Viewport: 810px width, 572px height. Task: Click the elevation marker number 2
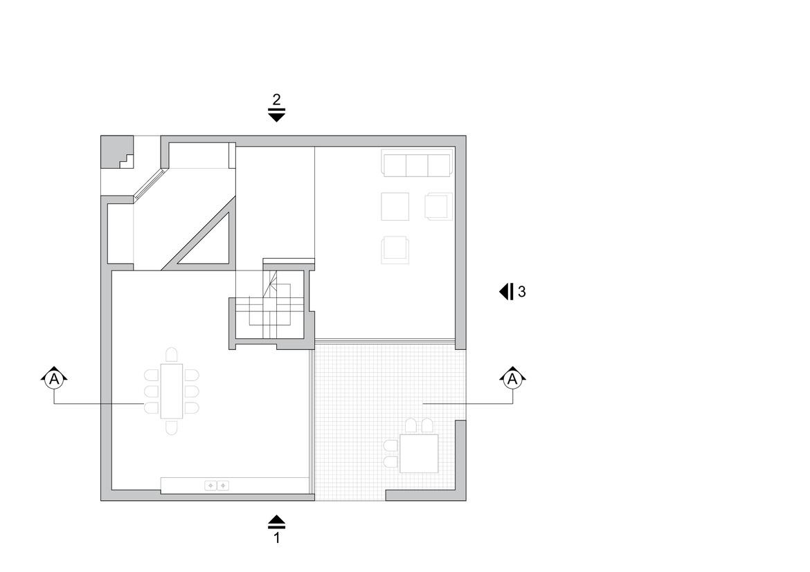click(276, 99)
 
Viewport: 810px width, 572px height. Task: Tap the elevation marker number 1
click(276, 537)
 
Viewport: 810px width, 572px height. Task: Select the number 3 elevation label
click(521, 292)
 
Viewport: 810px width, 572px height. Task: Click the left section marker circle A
click(54, 378)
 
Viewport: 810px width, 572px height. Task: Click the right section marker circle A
click(512, 378)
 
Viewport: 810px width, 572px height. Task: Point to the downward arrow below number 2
click(276, 116)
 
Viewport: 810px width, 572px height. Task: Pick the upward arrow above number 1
click(276, 521)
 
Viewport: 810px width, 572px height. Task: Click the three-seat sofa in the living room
click(417, 165)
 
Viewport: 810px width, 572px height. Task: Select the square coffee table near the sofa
click(395, 206)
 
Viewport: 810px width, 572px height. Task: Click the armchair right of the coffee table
click(438, 206)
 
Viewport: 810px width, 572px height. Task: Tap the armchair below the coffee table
click(395, 250)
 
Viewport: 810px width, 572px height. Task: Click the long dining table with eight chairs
click(172, 391)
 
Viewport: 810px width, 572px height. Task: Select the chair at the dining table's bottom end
click(172, 427)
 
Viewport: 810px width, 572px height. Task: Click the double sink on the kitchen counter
click(217, 486)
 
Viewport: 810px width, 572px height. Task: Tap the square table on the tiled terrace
click(419, 453)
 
